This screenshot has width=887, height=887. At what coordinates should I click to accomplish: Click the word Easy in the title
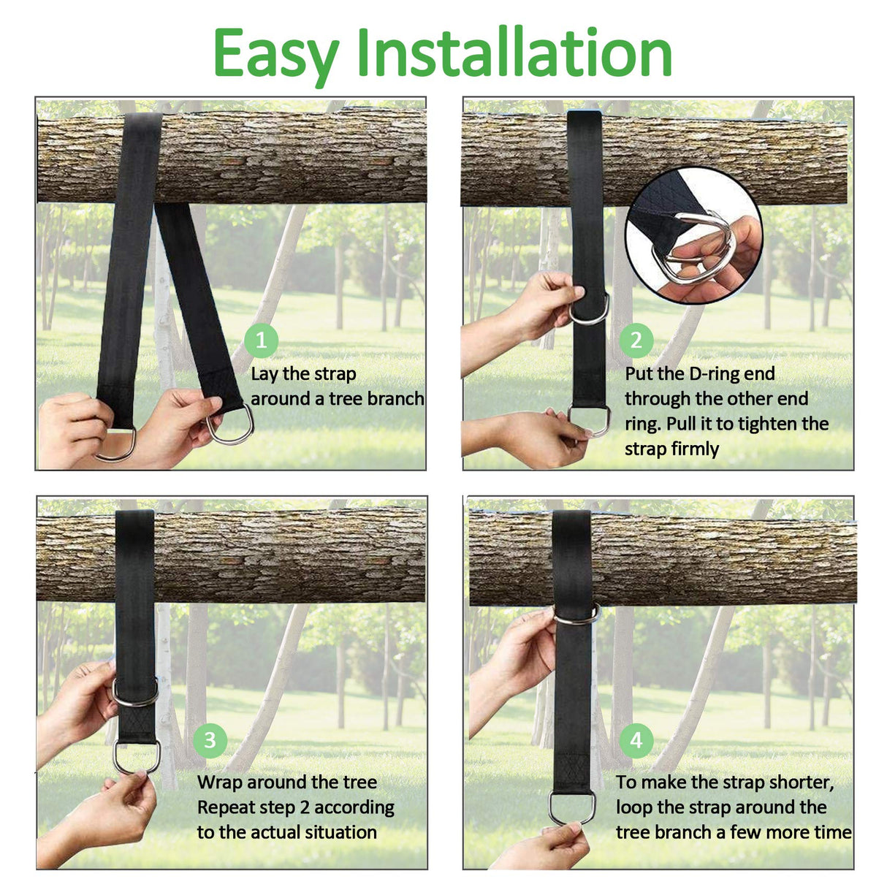[x=275, y=54]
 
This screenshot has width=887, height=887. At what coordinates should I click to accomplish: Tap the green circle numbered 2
[x=636, y=340]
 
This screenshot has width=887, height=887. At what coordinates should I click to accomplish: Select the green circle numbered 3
[x=210, y=740]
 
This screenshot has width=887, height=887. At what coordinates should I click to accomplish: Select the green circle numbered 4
[x=636, y=740]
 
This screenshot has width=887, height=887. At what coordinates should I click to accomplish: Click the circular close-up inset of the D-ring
[x=693, y=235]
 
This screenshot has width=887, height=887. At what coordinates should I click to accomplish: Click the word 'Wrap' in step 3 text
[x=220, y=783]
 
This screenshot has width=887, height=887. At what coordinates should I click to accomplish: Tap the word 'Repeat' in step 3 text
[x=225, y=807]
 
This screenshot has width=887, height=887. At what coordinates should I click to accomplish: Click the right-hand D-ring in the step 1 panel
[x=232, y=425]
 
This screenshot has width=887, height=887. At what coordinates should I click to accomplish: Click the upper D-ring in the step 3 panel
[x=135, y=693]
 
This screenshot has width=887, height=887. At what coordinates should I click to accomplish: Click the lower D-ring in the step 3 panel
[x=137, y=757]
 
